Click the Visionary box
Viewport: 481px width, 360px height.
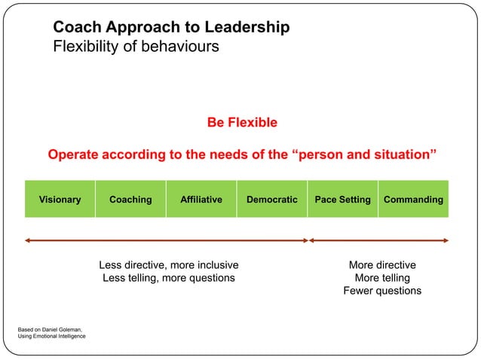[x=60, y=200]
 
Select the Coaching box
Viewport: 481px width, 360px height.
[x=130, y=200]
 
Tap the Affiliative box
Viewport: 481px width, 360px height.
[x=201, y=200]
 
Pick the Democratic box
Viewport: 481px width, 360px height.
[x=271, y=200]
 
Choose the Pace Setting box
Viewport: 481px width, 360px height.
[x=342, y=200]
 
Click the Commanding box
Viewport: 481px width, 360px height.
[x=413, y=200]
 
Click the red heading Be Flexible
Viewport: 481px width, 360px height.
[x=242, y=123]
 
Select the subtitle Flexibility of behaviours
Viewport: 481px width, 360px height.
[x=136, y=46]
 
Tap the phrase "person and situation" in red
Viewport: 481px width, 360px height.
[x=363, y=155]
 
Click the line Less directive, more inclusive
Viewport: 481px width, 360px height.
[x=169, y=265]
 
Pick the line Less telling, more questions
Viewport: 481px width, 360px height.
[x=169, y=278]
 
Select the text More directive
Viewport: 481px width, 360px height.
[x=382, y=265]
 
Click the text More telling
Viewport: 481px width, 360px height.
[x=382, y=278]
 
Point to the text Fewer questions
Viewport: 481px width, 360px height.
[x=382, y=291]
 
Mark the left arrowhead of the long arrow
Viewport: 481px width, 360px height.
[x=27, y=241]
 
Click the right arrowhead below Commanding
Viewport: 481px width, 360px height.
[x=446, y=241]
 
